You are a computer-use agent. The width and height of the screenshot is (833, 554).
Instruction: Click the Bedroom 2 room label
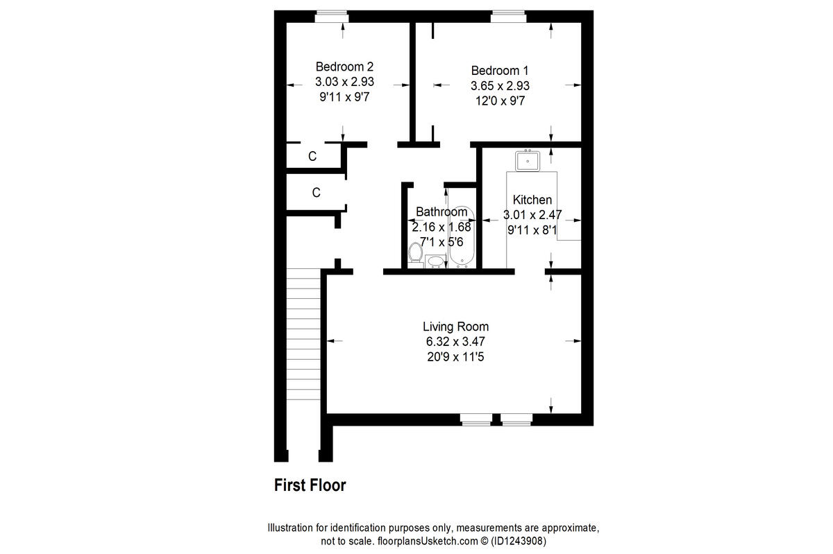344,67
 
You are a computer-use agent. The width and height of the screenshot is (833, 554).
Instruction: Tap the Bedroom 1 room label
500,70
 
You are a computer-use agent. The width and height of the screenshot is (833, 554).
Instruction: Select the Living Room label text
455,327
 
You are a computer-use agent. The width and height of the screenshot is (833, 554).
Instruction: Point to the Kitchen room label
532,200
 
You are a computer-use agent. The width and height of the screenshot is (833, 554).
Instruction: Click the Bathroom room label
441,211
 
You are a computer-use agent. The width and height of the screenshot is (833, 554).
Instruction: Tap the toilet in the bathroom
416,254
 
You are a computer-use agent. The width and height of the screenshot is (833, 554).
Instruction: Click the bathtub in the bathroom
461,239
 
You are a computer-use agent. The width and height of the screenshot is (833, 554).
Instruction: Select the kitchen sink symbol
528,161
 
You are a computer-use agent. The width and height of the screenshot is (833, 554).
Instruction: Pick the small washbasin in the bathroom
436,261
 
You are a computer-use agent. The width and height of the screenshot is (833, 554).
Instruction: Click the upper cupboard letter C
312,157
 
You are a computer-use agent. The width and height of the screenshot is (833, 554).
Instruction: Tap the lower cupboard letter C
316,193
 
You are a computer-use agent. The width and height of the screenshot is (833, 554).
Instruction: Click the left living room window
476,418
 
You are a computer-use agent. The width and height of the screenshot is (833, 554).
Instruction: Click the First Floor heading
310,485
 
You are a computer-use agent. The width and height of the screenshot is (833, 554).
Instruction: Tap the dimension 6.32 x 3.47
455,342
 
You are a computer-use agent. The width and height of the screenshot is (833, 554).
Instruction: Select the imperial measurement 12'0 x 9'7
500,101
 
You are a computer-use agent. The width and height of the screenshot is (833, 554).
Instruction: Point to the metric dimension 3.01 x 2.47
532,215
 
